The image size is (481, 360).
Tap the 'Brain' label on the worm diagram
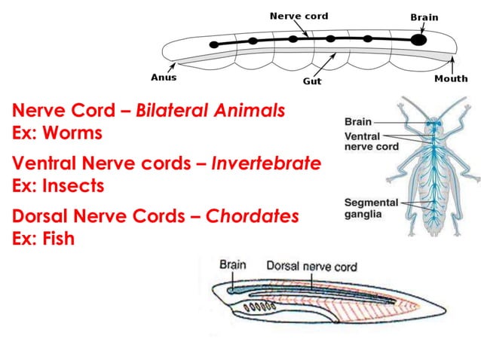point(424,17)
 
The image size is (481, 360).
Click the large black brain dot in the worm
point(418,39)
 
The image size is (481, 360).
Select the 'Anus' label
point(164,77)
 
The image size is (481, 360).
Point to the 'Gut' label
point(312,81)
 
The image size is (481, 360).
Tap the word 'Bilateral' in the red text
point(173,112)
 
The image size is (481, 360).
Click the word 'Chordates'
point(253,217)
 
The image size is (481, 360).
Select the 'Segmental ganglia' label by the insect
point(371,208)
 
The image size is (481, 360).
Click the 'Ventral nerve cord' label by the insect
point(371,142)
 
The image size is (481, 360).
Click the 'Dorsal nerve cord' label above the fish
point(311,266)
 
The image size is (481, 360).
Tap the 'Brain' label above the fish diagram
point(234,265)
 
